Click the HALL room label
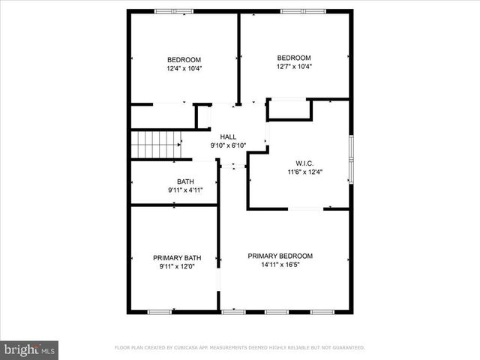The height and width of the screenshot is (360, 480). pyautogui.click(x=228, y=136)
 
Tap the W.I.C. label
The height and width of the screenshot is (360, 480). pyautogui.click(x=304, y=163)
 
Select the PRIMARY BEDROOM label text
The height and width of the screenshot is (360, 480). pyautogui.click(x=280, y=256)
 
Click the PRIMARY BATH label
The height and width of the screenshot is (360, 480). pyautogui.click(x=177, y=257)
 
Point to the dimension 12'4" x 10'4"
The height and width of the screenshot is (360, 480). pyautogui.click(x=184, y=68)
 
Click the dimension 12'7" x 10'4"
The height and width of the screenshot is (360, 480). pyautogui.click(x=294, y=66)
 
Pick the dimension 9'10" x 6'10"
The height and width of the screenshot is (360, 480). pyautogui.click(x=228, y=145)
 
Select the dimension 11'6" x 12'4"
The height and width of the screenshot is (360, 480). pyautogui.click(x=304, y=172)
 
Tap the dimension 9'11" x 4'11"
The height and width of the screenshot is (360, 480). pyautogui.click(x=185, y=190)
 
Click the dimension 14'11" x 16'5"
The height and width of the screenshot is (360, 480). pyautogui.click(x=280, y=265)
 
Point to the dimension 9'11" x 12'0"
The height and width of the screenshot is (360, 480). pyautogui.click(x=177, y=266)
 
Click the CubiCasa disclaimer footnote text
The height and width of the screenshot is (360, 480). pyautogui.click(x=239, y=348)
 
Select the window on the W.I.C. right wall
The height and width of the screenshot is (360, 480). pyautogui.click(x=350, y=159)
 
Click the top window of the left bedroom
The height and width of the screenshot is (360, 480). pyautogui.click(x=175, y=11)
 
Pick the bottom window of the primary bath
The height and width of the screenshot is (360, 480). pyautogui.click(x=159, y=311)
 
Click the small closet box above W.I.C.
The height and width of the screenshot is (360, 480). pyautogui.click(x=289, y=109)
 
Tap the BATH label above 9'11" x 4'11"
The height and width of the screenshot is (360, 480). pyautogui.click(x=185, y=181)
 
